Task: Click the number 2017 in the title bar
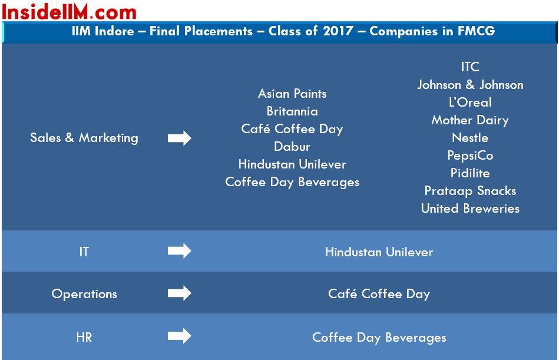point(338,31)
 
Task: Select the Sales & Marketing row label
point(84,138)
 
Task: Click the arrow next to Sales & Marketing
point(179,138)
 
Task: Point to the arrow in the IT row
point(179,250)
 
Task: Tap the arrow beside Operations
point(179,293)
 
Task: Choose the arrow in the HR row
point(179,336)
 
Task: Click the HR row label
point(84,337)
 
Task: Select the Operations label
point(84,294)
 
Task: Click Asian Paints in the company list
point(292,94)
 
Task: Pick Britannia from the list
point(292,111)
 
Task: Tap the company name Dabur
point(292,147)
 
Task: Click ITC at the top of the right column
point(470,67)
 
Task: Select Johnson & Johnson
point(470,85)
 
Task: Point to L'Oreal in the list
point(470,103)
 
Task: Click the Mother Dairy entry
point(470,120)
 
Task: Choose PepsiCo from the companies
point(470,156)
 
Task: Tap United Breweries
point(470,209)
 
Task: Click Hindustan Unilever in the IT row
point(379,252)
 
